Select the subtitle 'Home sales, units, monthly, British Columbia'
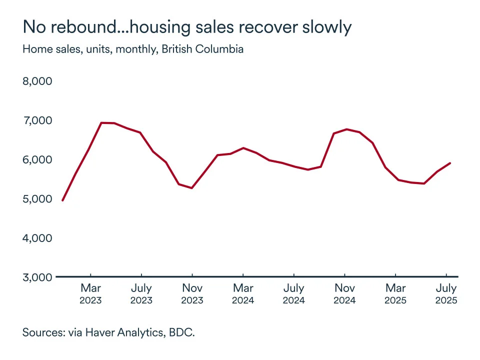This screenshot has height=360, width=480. click(x=133, y=49)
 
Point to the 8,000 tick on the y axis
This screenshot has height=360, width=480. click(x=37, y=81)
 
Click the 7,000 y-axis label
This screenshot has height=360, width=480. click(x=37, y=120)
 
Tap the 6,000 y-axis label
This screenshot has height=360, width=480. click(x=37, y=159)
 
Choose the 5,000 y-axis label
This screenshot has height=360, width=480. click(x=37, y=198)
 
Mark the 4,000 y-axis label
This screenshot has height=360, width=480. click(x=37, y=238)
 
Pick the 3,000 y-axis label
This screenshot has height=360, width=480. click(x=37, y=277)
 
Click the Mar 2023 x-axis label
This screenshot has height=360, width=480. click(x=90, y=294)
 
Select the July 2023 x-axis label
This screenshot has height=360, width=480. click(x=141, y=294)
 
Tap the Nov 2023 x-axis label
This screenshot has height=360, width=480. click(x=192, y=294)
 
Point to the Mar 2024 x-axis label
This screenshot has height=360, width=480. click(x=243, y=294)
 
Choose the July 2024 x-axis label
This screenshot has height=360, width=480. click(x=294, y=294)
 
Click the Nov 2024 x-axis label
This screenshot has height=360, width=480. click(x=344, y=294)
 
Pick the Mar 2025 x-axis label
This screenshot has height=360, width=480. click(x=395, y=294)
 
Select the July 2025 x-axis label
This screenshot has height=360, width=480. click(x=446, y=294)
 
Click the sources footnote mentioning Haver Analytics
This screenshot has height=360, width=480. click(x=108, y=332)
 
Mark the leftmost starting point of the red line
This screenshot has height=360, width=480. click(x=62, y=200)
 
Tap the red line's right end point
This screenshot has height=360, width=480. click(x=450, y=163)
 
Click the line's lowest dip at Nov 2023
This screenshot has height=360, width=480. click(x=192, y=188)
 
